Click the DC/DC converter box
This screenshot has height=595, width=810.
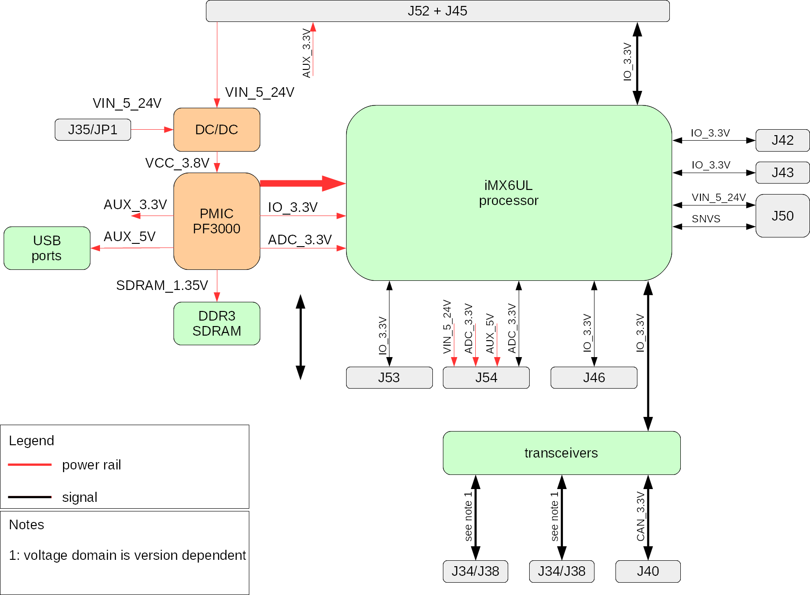(x=216, y=130)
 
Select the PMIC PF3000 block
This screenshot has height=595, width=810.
(x=216, y=221)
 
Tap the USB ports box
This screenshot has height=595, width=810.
(x=47, y=248)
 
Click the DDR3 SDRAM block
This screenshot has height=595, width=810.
(x=216, y=323)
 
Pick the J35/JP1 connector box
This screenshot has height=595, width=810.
(x=93, y=130)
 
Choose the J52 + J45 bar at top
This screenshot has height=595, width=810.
(x=437, y=11)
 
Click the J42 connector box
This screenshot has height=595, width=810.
(x=782, y=140)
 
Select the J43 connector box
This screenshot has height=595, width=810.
(x=782, y=173)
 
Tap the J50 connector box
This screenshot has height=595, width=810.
(x=782, y=216)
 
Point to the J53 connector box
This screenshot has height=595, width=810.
(x=389, y=378)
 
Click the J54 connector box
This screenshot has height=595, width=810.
(x=486, y=378)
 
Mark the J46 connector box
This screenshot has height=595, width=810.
(x=594, y=378)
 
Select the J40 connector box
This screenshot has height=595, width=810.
(x=647, y=571)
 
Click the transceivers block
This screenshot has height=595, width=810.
(x=561, y=453)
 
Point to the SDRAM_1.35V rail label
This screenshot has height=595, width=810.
(x=162, y=285)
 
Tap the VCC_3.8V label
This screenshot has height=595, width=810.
(x=177, y=163)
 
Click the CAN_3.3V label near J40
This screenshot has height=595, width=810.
(x=641, y=516)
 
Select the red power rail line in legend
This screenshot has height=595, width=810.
(x=30, y=464)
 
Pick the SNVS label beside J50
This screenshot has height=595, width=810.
(x=705, y=219)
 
